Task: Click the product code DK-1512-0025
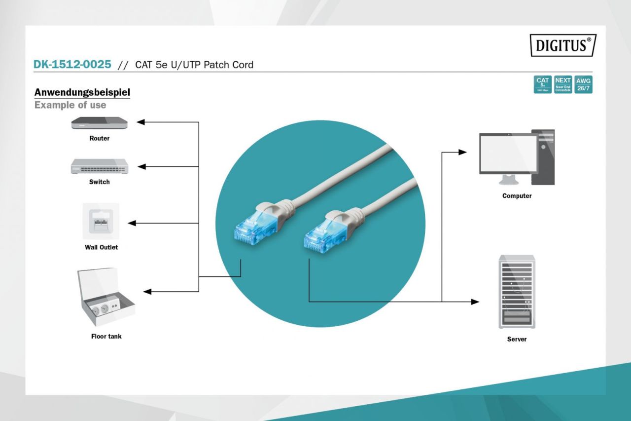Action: (x=72, y=64)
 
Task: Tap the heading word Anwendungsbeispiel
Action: (x=82, y=92)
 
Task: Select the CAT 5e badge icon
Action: (x=542, y=84)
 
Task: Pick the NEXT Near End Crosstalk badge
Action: (x=562, y=84)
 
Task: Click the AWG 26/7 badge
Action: (x=583, y=84)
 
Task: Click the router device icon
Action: (x=99, y=123)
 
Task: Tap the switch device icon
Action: (x=99, y=166)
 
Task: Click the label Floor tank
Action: (x=106, y=337)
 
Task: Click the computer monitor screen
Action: (x=508, y=153)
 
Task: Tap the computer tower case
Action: (x=543, y=157)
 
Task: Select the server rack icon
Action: (x=517, y=292)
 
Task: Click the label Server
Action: (x=517, y=340)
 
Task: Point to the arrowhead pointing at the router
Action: (x=140, y=122)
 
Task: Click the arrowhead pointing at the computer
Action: (x=462, y=152)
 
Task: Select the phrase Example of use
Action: (x=70, y=105)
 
